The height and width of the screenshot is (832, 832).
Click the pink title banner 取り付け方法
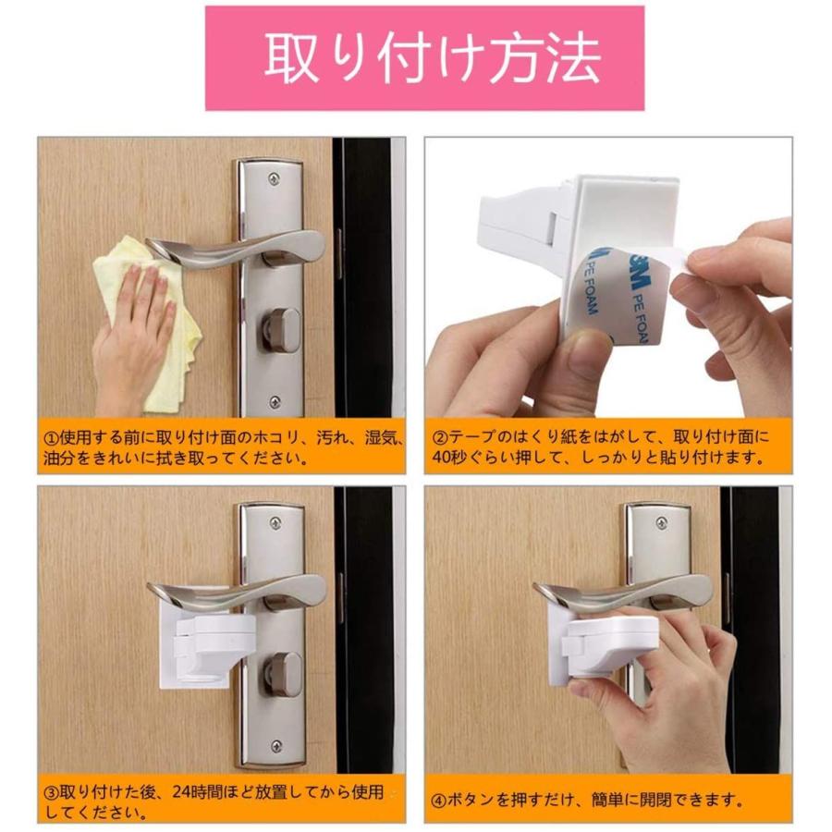(424, 57)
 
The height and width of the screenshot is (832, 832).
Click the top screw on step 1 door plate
(273, 178)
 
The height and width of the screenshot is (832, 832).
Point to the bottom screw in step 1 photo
(274, 402)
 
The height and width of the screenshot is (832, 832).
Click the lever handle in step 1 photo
(240, 249)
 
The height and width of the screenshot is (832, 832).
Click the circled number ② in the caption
(441, 437)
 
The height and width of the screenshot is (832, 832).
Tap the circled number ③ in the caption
(54, 792)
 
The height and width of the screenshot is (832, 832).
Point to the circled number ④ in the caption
(441, 800)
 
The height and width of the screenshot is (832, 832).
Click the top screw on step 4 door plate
(660, 523)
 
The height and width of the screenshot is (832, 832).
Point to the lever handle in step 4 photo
(629, 590)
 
